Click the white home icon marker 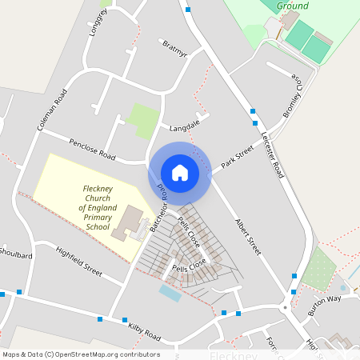pyautogui.click(x=180, y=172)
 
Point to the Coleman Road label pyautogui.click(x=50, y=110)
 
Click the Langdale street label pyautogui.click(x=183, y=126)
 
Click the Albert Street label pyautogui.click(x=247, y=236)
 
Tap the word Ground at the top pyautogui.click(x=292, y=6)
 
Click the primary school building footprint pyautogui.click(x=129, y=225)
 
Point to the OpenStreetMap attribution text pyautogui.click(x=81, y=354)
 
